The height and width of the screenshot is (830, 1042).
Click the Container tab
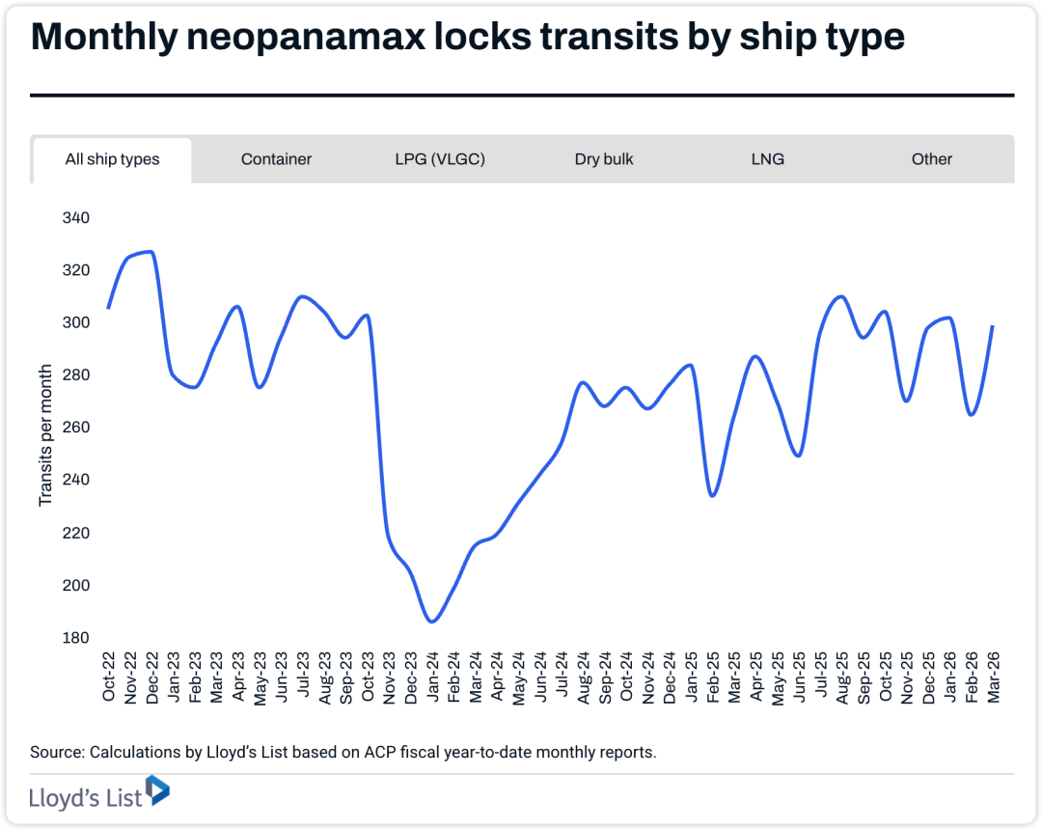click(276, 159)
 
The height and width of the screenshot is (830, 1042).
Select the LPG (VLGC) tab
click(440, 159)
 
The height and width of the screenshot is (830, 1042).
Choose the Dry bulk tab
click(604, 159)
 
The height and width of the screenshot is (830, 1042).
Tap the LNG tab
click(768, 159)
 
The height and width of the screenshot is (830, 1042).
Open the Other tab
click(931, 159)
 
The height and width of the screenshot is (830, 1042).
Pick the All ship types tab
click(112, 160)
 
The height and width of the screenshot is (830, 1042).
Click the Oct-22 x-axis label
click(109, 678)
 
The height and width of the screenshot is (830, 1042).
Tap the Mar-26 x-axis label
click(993, 678)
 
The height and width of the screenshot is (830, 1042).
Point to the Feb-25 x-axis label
click(713, 678)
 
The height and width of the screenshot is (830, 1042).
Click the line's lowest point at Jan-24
click(432, 622)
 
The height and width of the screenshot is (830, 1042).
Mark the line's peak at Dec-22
click(150, 252)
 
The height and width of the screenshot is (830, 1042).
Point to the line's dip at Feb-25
click(712, 496)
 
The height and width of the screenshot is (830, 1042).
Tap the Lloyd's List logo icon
click(157, 791)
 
